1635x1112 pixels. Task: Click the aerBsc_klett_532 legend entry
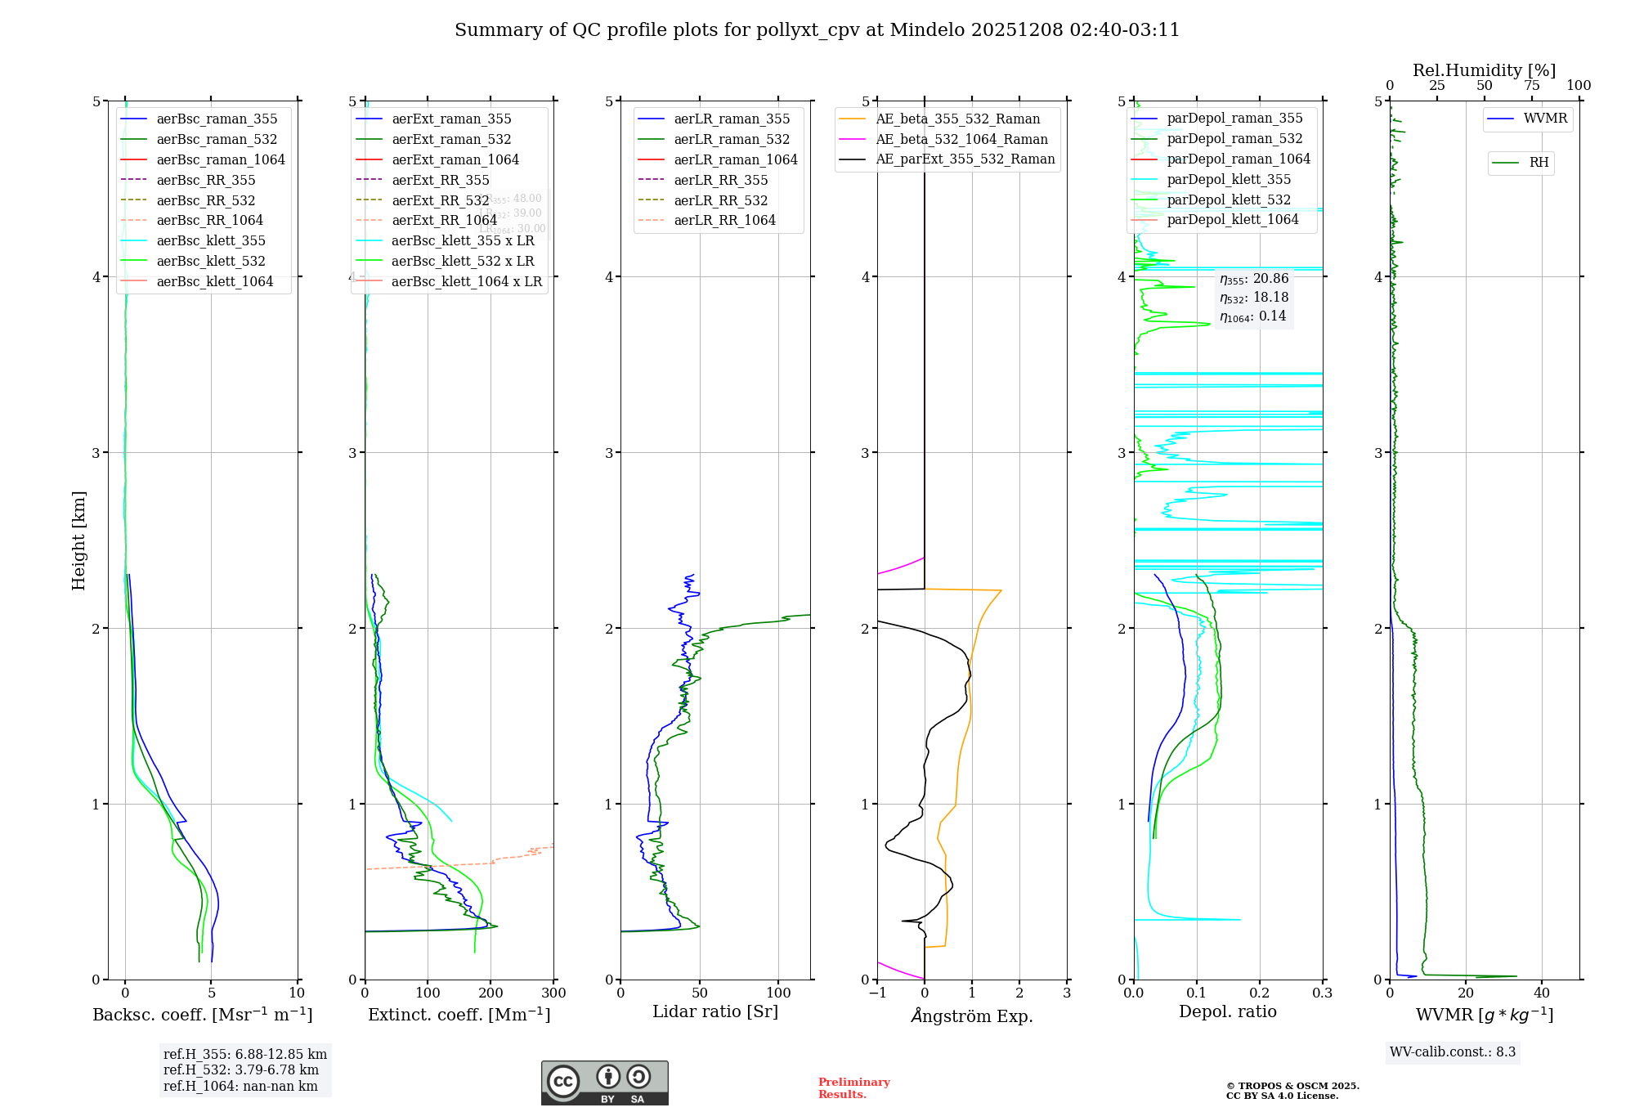click(211, 262)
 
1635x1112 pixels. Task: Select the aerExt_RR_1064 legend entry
click(444, 221)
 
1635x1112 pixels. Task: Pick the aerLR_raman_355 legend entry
click(732, 119)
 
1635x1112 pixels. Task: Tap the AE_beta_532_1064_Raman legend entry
click(961, 140)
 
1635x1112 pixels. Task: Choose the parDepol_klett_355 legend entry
click(1229, 180)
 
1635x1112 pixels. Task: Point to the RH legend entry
click(1539, 163)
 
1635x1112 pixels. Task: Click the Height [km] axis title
click(78, 540)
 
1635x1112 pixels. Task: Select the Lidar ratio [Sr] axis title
click(715, 1011)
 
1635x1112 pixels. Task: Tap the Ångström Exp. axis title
click(972, 1016)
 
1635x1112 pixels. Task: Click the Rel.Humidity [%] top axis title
click(1484, 70)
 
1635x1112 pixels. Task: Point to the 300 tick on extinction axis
click(553, 993)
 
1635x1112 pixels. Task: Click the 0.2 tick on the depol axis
click(1260, 993)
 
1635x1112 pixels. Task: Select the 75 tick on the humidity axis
click(1531, 86)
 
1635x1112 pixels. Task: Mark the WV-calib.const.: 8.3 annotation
click(1453, 1052)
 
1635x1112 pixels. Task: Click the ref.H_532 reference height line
click(241, 1070)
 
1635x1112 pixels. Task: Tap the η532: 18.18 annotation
click(1254, 298)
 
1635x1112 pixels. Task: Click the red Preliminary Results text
click(853, 1088)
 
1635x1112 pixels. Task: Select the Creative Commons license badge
click(604, 1083)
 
